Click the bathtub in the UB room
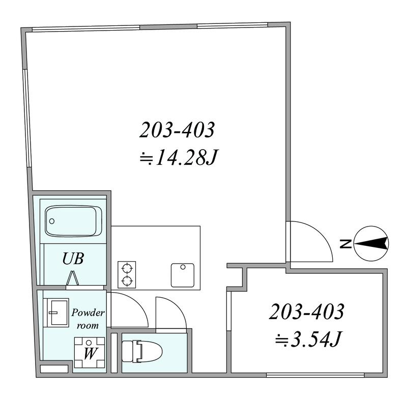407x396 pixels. (x=73, y=221)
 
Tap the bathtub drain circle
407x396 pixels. (x=52, y=221)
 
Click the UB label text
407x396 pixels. (x=73, y=259)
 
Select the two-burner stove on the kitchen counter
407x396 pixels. (x=127, y=274)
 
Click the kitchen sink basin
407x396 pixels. (x=183, y=275)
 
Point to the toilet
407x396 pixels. (x=142, y=352)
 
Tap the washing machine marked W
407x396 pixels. (x=90, y=352)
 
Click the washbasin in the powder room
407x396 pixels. (x=56, y=313)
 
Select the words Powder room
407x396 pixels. (x=88, y=319)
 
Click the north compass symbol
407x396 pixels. (x=371, y=244)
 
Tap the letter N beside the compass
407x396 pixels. (x=345, y=244)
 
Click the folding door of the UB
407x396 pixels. (x=72, y=278)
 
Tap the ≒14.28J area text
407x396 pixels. (x=179, y=157)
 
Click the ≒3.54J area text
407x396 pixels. (x=308, y=339)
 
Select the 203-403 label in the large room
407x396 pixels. (x=177, y=130)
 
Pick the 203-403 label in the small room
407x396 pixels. (x=307, y=312)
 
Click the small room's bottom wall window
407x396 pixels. (x=315, y=375)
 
